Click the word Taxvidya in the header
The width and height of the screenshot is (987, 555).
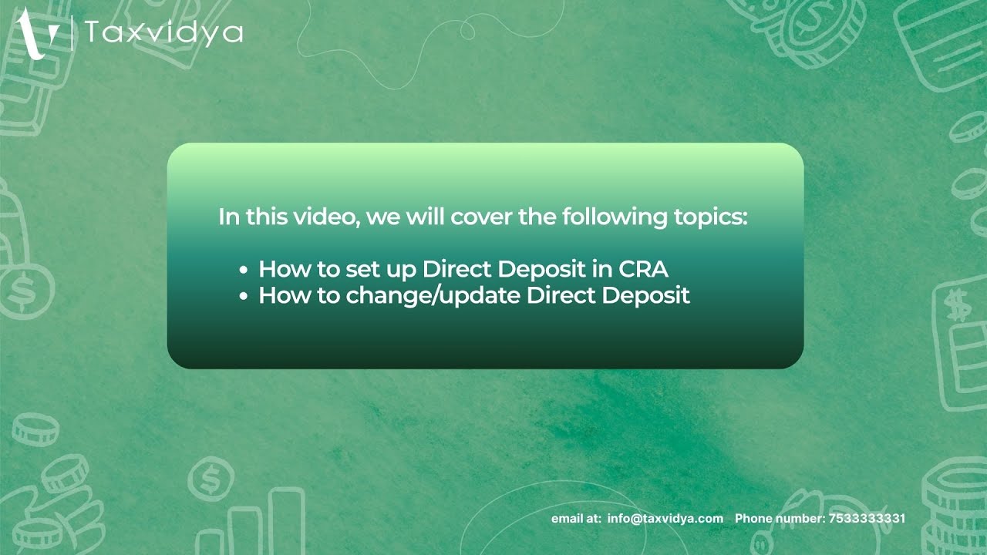tap(163, 33)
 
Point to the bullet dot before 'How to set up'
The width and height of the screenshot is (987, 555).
tap(244, 271)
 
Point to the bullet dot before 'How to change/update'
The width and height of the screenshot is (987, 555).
tap(244, 297)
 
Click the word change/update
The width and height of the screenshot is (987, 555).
tap(433, 295)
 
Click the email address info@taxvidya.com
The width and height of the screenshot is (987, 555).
tap(665, 519)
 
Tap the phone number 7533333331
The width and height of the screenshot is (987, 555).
tap(866, 519)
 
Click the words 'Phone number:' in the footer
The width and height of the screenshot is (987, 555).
tap(779, 519)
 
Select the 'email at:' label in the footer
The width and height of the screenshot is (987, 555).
tap(576, 519)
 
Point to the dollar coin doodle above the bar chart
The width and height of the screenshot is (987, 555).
tap(208, 479)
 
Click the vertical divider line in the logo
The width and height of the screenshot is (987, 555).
tap(72, 33)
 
